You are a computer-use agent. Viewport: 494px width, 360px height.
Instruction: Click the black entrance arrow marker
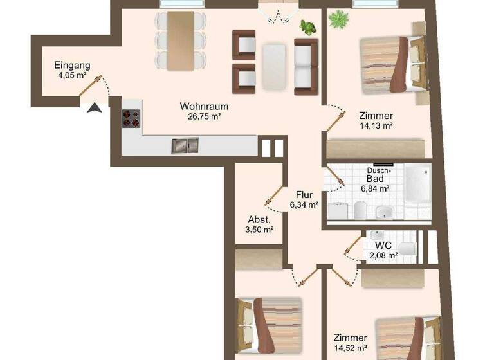coord(95,107)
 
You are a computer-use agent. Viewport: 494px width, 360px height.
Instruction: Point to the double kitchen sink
coord(185,146)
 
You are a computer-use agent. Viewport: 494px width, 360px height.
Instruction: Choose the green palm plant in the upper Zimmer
coord(337,20)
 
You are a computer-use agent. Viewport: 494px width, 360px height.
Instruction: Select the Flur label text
coord(304,195)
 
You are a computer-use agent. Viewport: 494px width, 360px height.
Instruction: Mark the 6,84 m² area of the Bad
coord(375,189)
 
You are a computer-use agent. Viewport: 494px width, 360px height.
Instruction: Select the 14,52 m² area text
coord(350,348)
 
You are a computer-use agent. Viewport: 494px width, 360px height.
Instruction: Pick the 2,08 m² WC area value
coord(383,255)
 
